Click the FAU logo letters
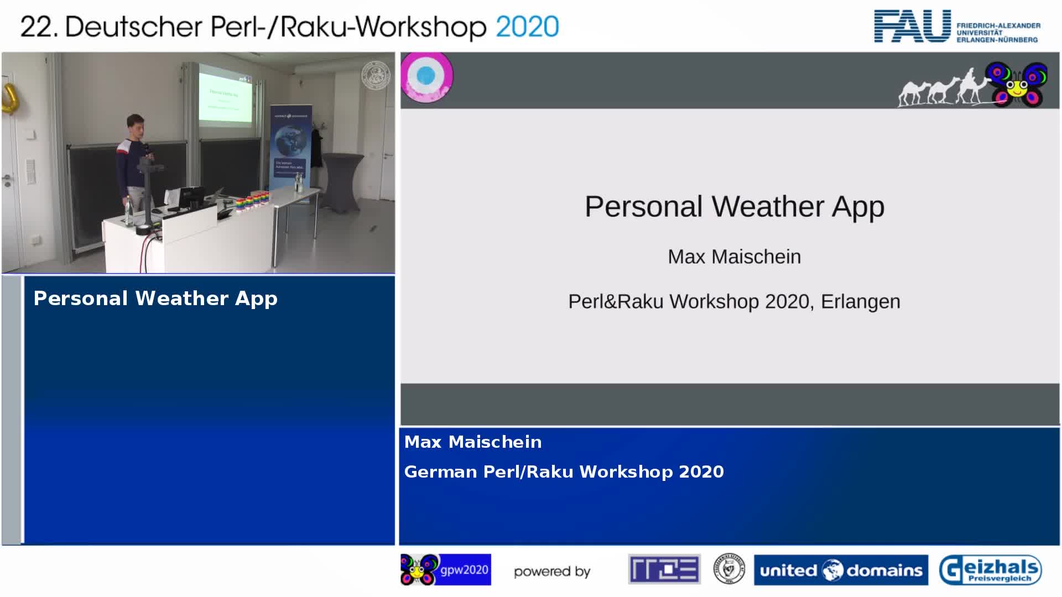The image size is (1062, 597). tap(912, 27)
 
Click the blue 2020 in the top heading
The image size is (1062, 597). tap(527, 27)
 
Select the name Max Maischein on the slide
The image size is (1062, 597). tap(734, 257)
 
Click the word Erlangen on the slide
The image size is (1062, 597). tap(860, 302)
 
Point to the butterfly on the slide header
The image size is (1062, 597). tap(1017, 85)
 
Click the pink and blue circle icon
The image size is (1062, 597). tap(426, 77)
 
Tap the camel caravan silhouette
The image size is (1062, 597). tap(940, 90)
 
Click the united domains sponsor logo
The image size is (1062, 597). tap(841, 570)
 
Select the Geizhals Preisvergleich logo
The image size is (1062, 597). tap(990, 570)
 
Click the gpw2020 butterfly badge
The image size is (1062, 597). tap(445, 570)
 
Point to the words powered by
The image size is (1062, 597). tap(552, 572)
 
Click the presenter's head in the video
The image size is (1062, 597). tap(134, 125)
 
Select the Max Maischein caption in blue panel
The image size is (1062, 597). tap(473, 442)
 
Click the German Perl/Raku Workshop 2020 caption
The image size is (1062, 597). tap(564, 472)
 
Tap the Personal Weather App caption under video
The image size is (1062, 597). tap(155, 298)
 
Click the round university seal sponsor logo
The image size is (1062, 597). tap(728, 569)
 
